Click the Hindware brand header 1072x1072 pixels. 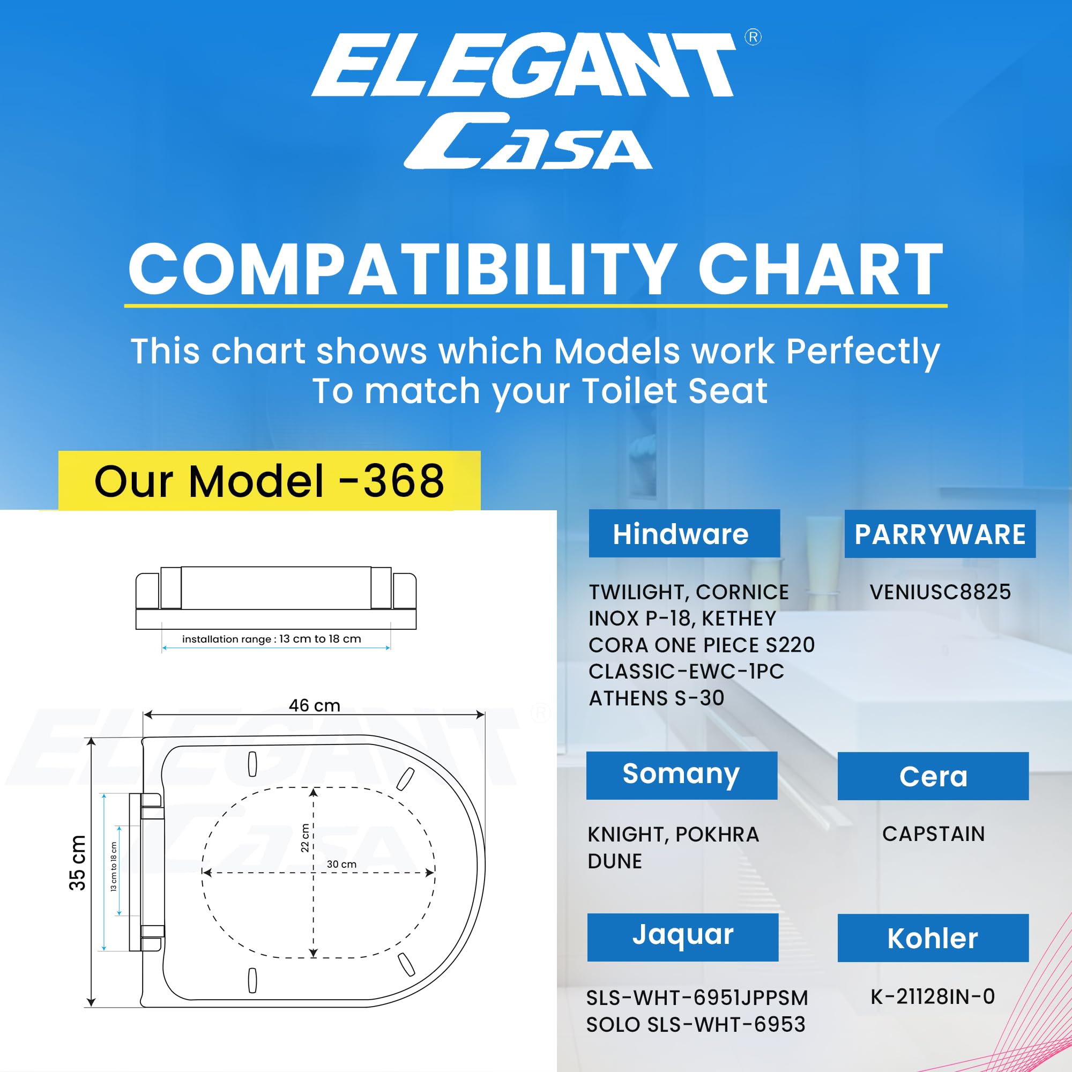684,533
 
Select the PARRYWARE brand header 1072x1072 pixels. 940,534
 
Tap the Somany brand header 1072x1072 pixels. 681,775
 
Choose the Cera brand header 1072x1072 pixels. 933,776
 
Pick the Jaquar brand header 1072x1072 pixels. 682,937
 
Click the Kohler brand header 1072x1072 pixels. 933,937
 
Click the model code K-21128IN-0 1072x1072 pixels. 933,996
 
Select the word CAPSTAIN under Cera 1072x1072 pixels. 933,834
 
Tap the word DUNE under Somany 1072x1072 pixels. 615,861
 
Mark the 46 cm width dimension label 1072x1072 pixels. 315,705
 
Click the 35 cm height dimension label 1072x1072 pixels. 77,863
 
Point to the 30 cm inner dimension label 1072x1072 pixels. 342,865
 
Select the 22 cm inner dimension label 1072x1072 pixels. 304,838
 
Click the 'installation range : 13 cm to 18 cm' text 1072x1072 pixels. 271,639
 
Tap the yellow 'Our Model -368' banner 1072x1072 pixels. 269,480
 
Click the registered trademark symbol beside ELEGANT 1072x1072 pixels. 753,37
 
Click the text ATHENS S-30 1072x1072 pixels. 657,698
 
